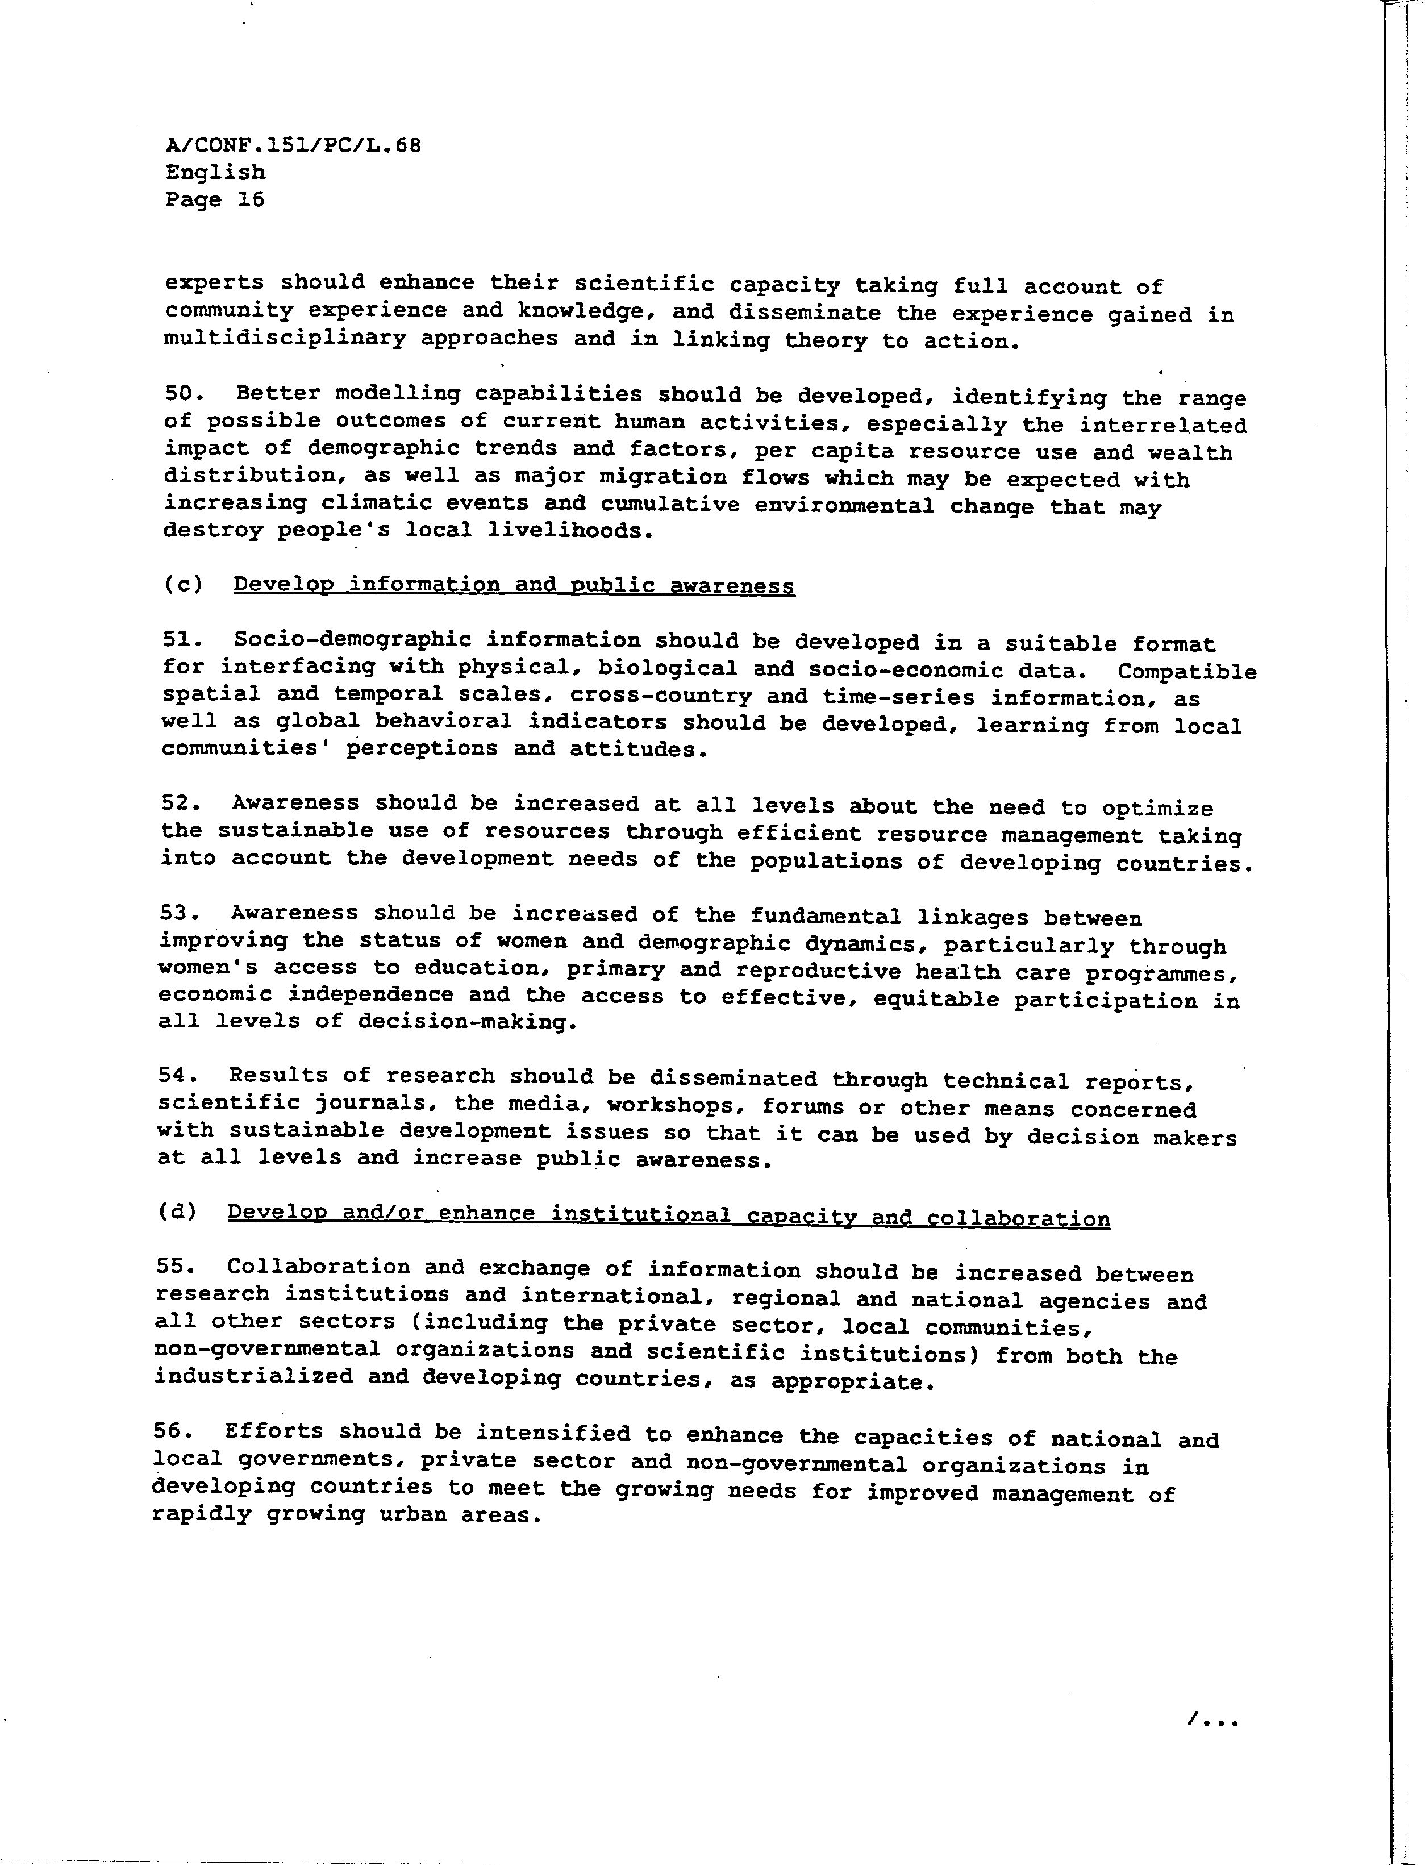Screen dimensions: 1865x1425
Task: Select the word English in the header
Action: (x=215, y=172)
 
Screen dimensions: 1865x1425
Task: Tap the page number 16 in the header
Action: (x=251, y=199)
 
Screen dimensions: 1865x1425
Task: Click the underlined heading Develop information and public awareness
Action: (x=514, y=585)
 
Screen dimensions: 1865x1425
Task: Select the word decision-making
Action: (x=466, y=1021)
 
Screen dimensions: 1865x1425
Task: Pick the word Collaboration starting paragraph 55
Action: (x=318, y=1267)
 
